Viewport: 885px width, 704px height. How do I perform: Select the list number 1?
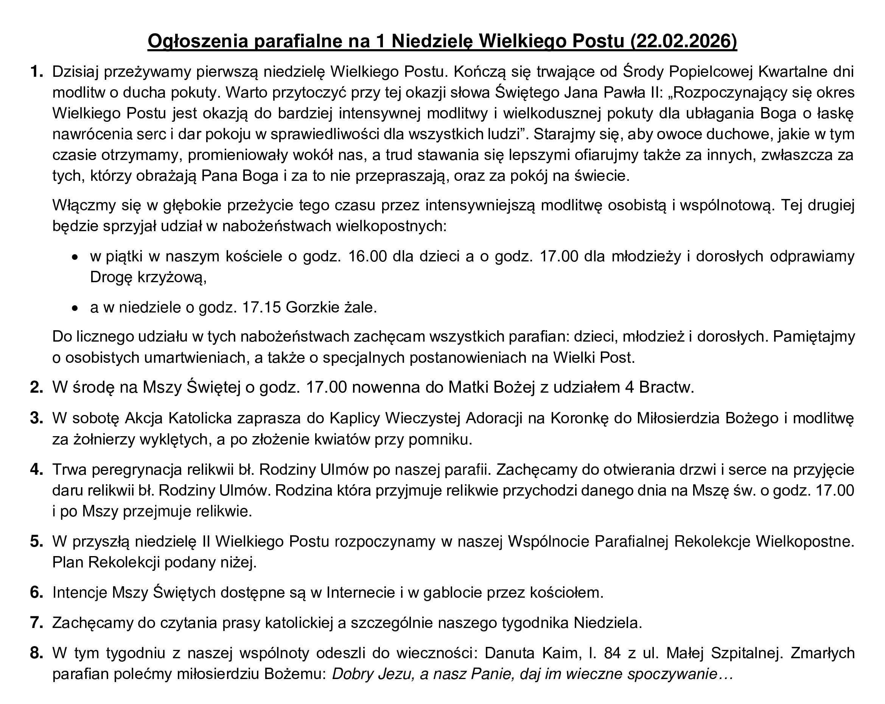point(37,72)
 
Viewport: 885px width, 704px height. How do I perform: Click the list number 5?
point(37,542)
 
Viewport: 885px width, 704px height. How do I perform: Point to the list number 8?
point(37,653)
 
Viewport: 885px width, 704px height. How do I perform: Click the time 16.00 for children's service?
point(367,256)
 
